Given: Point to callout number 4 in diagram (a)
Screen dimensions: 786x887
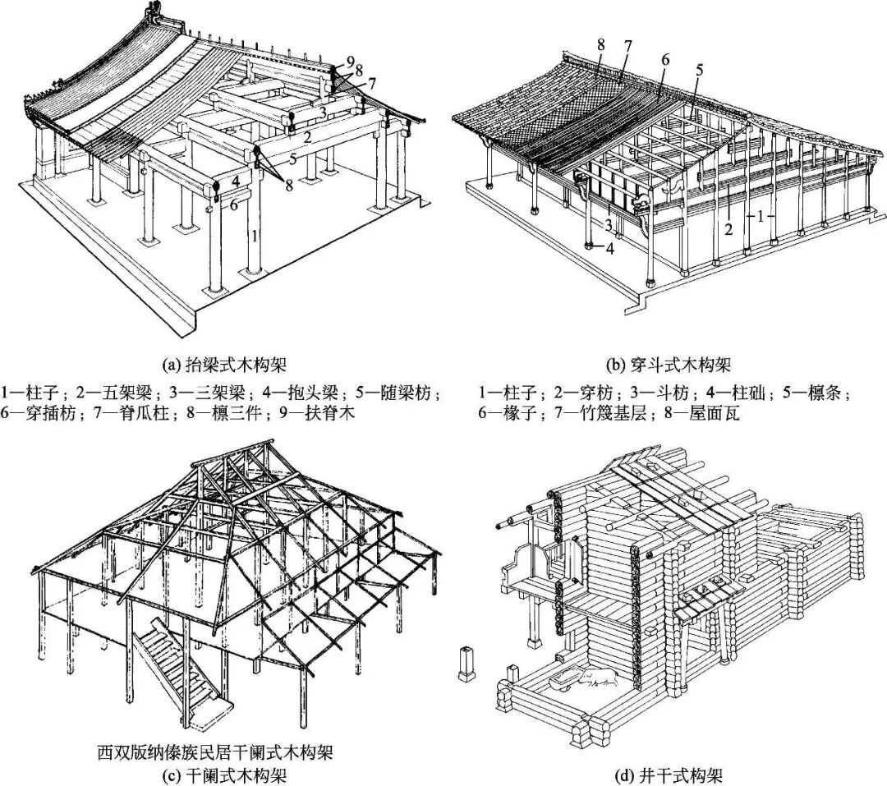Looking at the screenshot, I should [x=234, y=181].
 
